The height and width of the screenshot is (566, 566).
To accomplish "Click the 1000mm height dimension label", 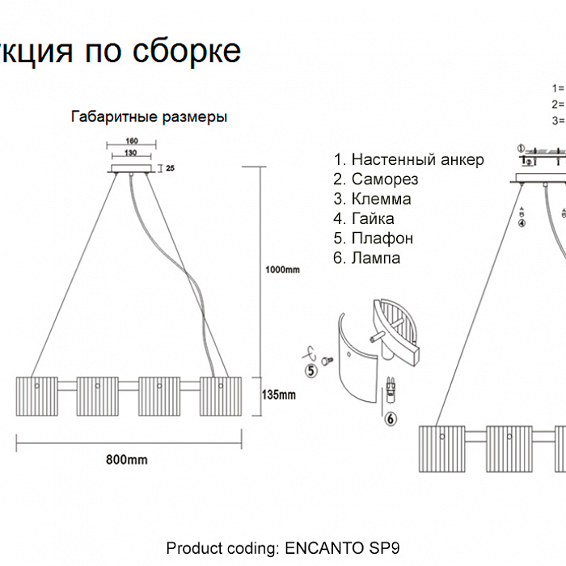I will [x=283, y=268].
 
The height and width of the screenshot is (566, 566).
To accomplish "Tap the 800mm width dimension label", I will [x=127, y=459].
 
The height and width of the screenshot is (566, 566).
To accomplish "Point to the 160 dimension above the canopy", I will [x=131, y=141].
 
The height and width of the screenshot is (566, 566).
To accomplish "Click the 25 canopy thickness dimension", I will [x=171, y=168].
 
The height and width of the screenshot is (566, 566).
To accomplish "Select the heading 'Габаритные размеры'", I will [x=150, y=116].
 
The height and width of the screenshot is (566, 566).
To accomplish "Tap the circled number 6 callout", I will [x=391, y=418].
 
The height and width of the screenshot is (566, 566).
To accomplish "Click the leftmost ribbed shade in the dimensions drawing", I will [x=36, y=395].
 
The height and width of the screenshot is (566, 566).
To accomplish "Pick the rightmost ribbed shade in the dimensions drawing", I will [x=221, y=395].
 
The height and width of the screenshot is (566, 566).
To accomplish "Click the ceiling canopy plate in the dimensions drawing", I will [x=131, y=169].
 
